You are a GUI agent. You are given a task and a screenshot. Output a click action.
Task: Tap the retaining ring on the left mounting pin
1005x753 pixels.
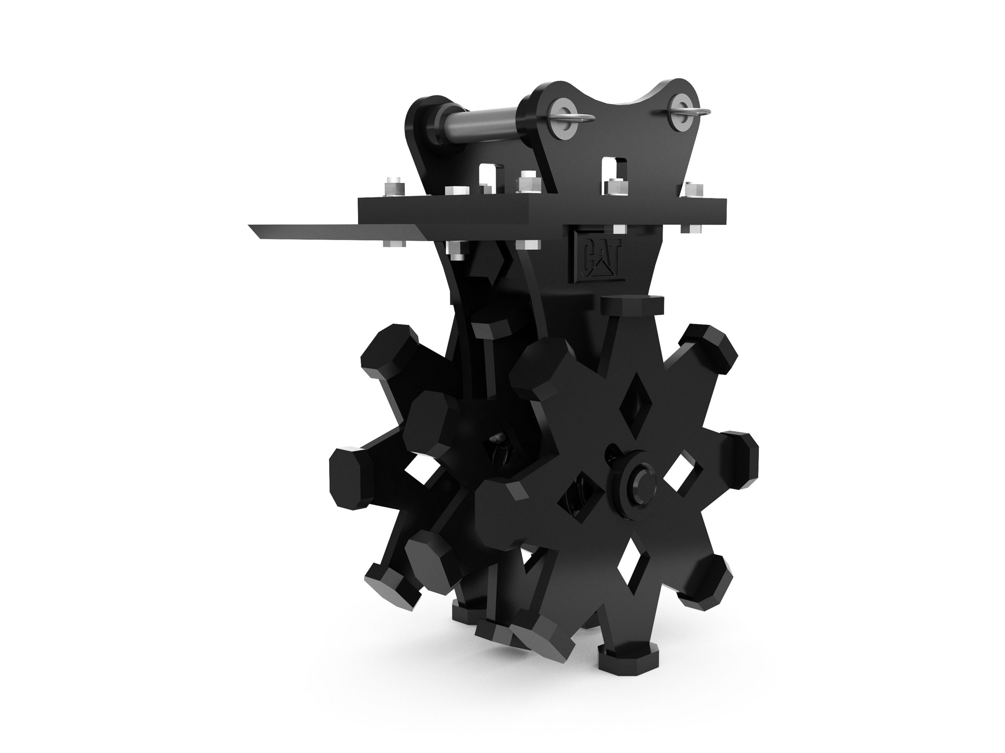(577, 118)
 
